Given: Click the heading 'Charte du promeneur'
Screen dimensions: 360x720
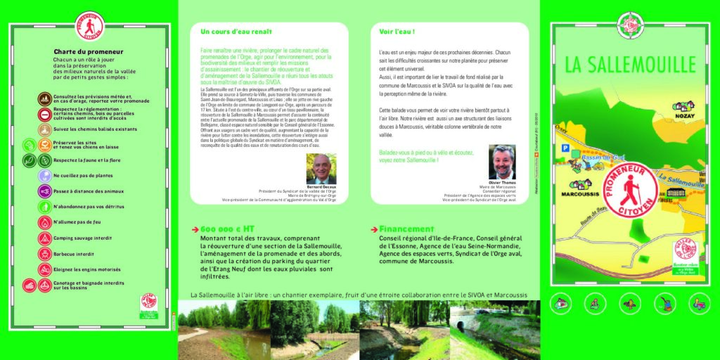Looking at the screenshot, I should point(89,51).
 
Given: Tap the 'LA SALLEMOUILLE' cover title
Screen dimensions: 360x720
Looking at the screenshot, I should point(629,65).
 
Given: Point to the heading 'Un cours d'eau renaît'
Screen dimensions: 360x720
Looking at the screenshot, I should point(236,32).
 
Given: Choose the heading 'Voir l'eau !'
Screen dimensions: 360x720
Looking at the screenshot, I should point(397,32).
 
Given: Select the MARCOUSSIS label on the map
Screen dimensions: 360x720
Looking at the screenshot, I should point(576,192).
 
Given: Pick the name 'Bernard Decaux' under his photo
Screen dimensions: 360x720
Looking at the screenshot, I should point(321,187).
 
